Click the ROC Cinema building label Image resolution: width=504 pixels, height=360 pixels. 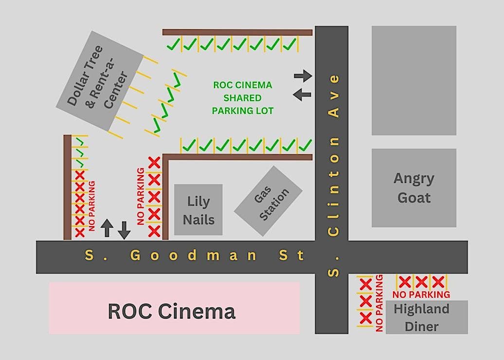[171, 311]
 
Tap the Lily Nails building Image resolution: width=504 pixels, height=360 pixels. [198, 210]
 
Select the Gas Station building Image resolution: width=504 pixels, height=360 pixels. [268, 201]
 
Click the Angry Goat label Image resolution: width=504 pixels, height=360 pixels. [414, 188]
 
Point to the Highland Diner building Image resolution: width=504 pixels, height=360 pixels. [421, 317]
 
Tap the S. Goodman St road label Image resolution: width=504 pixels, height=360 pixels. [195, 255]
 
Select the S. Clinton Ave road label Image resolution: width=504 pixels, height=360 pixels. [333, 175]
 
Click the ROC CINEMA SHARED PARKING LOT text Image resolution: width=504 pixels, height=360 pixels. [243, 98]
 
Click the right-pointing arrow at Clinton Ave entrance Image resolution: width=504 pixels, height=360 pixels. [303, 75]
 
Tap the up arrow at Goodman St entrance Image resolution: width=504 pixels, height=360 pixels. [107, 228]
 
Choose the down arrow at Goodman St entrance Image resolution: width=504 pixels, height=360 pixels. [124, 230]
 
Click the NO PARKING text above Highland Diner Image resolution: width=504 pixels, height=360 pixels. [421, 294]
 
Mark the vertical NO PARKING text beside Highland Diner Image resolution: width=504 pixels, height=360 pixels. [379, 303]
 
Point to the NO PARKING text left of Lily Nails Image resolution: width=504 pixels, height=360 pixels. [141, 197]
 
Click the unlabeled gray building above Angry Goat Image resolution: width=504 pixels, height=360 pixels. [414, 80]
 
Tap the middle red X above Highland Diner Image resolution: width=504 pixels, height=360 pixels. [422, 282]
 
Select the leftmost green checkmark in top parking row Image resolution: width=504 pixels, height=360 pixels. [173, 45]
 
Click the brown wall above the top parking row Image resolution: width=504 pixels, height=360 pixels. [237, 32]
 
